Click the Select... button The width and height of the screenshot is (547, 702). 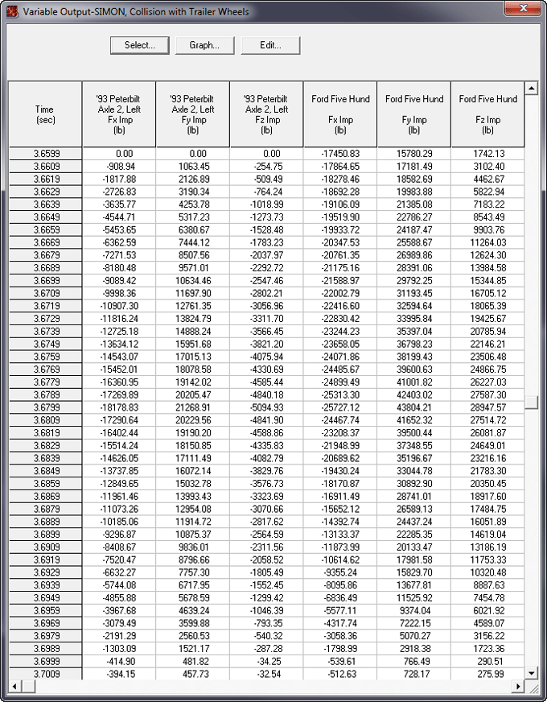[140, 45]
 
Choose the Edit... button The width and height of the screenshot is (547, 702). [270, 45]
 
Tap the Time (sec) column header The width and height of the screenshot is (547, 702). [45, 114]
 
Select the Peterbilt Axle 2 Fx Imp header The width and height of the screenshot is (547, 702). [119, 114]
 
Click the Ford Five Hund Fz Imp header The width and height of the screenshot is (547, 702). [487, 114]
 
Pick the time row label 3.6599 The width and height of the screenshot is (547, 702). [45, 154]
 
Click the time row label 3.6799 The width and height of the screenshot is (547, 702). [45, 407]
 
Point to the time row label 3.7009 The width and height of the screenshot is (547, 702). [45, 673]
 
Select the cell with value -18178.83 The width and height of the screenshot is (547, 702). [119, 407]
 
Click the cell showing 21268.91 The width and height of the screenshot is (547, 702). [193, 407]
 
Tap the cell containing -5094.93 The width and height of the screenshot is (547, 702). [266, 407]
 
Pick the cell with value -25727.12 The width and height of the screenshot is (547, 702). [340, 407]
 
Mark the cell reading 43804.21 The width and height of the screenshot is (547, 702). [414, 407]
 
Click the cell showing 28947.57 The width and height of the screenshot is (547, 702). [487, 407]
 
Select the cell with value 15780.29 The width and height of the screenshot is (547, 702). [414, 154]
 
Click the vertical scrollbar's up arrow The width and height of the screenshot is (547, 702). [531, 88]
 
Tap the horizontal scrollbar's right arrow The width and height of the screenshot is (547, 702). [518, 686]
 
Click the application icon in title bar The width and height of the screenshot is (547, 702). [11, 11]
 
